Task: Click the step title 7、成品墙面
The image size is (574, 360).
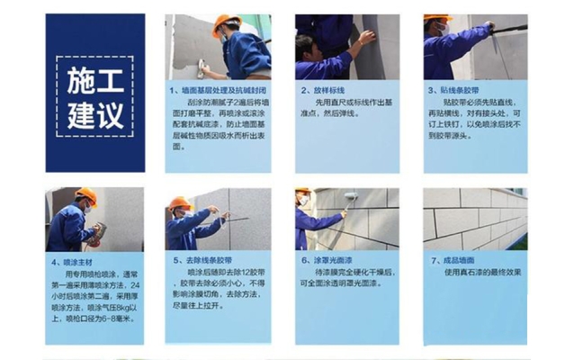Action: pos(455,261)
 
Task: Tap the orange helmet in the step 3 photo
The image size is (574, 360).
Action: pos(438,19)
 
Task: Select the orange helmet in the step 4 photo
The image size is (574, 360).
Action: pos(87,194)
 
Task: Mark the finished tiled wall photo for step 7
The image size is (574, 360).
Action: pos(475,219)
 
